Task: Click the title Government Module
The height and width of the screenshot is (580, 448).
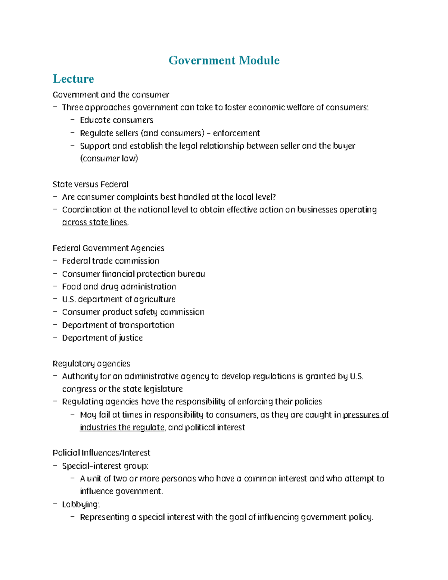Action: (x=224, y=61)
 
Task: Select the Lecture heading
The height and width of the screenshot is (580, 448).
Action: (x=74, y=79)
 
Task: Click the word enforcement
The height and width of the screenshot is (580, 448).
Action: (x=236, y=133)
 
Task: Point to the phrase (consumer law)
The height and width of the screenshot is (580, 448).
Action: (x=109, y=159)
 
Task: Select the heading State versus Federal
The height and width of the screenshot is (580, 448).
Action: (x=90, y=184)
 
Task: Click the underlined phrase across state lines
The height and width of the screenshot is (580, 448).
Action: (x=94, y=223)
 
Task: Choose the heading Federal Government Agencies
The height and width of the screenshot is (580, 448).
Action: (x=108, y=248)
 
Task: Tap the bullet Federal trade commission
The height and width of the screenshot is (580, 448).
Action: (x=111, y=261)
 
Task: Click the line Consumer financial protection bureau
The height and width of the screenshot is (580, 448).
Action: (x=133, y=274)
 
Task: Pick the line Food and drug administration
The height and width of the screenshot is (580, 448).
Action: (x=119, y=287)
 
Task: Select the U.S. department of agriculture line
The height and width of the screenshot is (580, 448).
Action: (x=118, y=300)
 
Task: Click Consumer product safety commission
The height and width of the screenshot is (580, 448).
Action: (x=133, y=312)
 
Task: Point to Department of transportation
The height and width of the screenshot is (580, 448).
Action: (x=118, y=325)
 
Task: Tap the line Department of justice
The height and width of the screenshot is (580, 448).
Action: (x=102, y=338)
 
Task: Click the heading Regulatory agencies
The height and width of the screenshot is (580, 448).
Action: (x=91, y=364)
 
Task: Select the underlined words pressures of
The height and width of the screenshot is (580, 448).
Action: (x=365, y=415)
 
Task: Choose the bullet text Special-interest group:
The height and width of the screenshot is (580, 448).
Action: (x=105, y=466)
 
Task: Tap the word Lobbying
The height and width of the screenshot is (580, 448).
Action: (x=81, y=505)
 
